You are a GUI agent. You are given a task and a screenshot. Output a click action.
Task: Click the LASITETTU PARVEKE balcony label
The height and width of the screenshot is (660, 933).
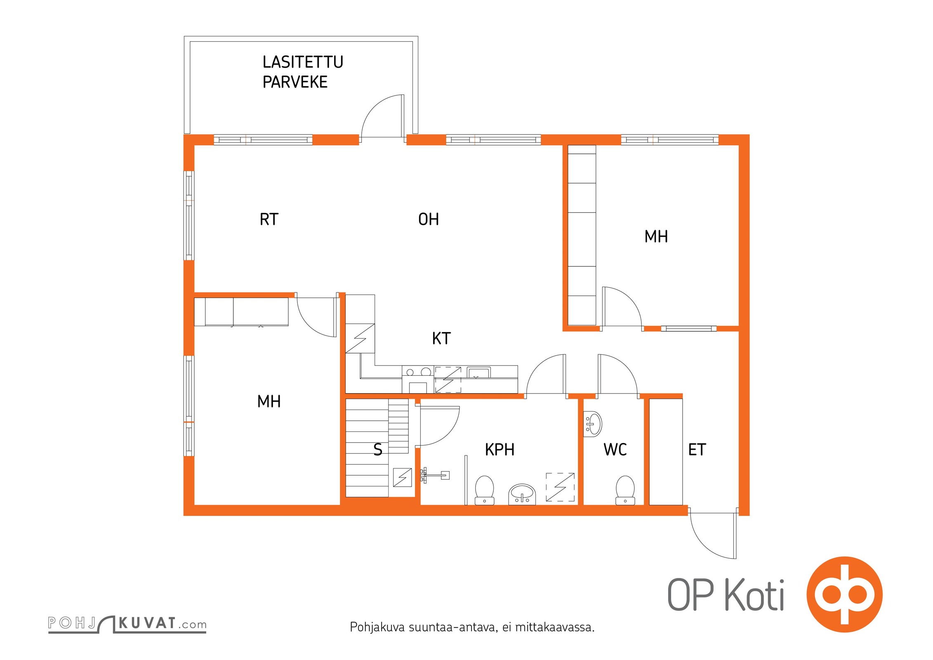tap(303, 72)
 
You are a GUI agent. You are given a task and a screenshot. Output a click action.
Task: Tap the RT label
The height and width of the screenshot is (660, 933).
tap(269, 219)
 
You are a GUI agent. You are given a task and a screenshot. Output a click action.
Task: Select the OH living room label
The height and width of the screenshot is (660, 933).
tap(429, 219)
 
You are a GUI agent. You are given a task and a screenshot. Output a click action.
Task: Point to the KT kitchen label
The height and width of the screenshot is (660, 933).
tap(441, 338)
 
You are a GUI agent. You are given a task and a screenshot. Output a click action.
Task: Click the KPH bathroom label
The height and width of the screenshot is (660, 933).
tap(499, 449)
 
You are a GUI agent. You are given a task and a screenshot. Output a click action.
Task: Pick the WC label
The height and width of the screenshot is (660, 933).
tap(615, 449)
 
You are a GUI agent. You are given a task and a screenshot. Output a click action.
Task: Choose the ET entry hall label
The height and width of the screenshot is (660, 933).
tap(697, 449)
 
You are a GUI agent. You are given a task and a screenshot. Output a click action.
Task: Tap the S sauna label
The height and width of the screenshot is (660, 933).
tap(377, 449)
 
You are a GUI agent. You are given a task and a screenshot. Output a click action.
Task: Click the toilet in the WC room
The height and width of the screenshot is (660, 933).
tap(625, 490)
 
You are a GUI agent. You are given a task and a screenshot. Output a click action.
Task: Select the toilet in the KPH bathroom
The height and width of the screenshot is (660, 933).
tap(485, 490)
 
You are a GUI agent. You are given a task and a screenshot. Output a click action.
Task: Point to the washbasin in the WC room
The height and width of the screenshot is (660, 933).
tap(593, 424)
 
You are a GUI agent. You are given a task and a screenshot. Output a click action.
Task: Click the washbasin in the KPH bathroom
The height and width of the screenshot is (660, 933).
tap(522, 494)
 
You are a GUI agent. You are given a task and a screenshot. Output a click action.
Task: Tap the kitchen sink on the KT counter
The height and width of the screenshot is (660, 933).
tap(478, 372)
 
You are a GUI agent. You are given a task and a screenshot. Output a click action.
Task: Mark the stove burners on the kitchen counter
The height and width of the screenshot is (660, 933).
tap(418, 372)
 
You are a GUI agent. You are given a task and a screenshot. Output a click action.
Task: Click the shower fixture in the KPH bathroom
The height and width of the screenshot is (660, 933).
tap(434, 476)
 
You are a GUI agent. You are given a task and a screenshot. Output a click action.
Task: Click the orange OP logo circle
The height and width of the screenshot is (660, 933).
tap(845, 594)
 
